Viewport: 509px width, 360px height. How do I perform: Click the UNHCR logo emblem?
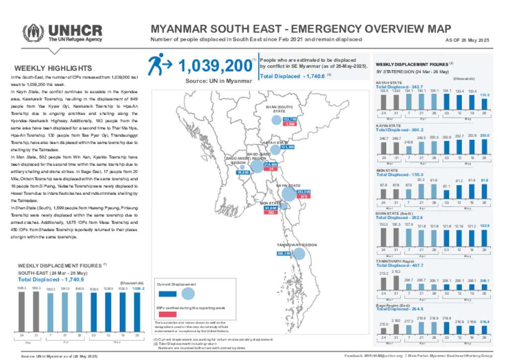point(33,33)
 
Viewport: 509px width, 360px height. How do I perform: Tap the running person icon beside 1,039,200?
point(158,65)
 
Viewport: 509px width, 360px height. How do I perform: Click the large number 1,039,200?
point(214,66)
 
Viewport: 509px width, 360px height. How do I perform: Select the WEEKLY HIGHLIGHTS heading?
point(53,69)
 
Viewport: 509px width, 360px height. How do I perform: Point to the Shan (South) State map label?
point(279,109)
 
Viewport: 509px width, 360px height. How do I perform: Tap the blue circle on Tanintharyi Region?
point(299,254)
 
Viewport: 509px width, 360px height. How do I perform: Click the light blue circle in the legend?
point(188,293)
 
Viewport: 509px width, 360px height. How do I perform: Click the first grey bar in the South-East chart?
point(22,311)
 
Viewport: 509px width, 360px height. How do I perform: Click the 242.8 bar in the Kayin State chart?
point(409,150)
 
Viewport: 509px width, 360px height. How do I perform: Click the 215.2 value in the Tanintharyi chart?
point(396,271)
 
